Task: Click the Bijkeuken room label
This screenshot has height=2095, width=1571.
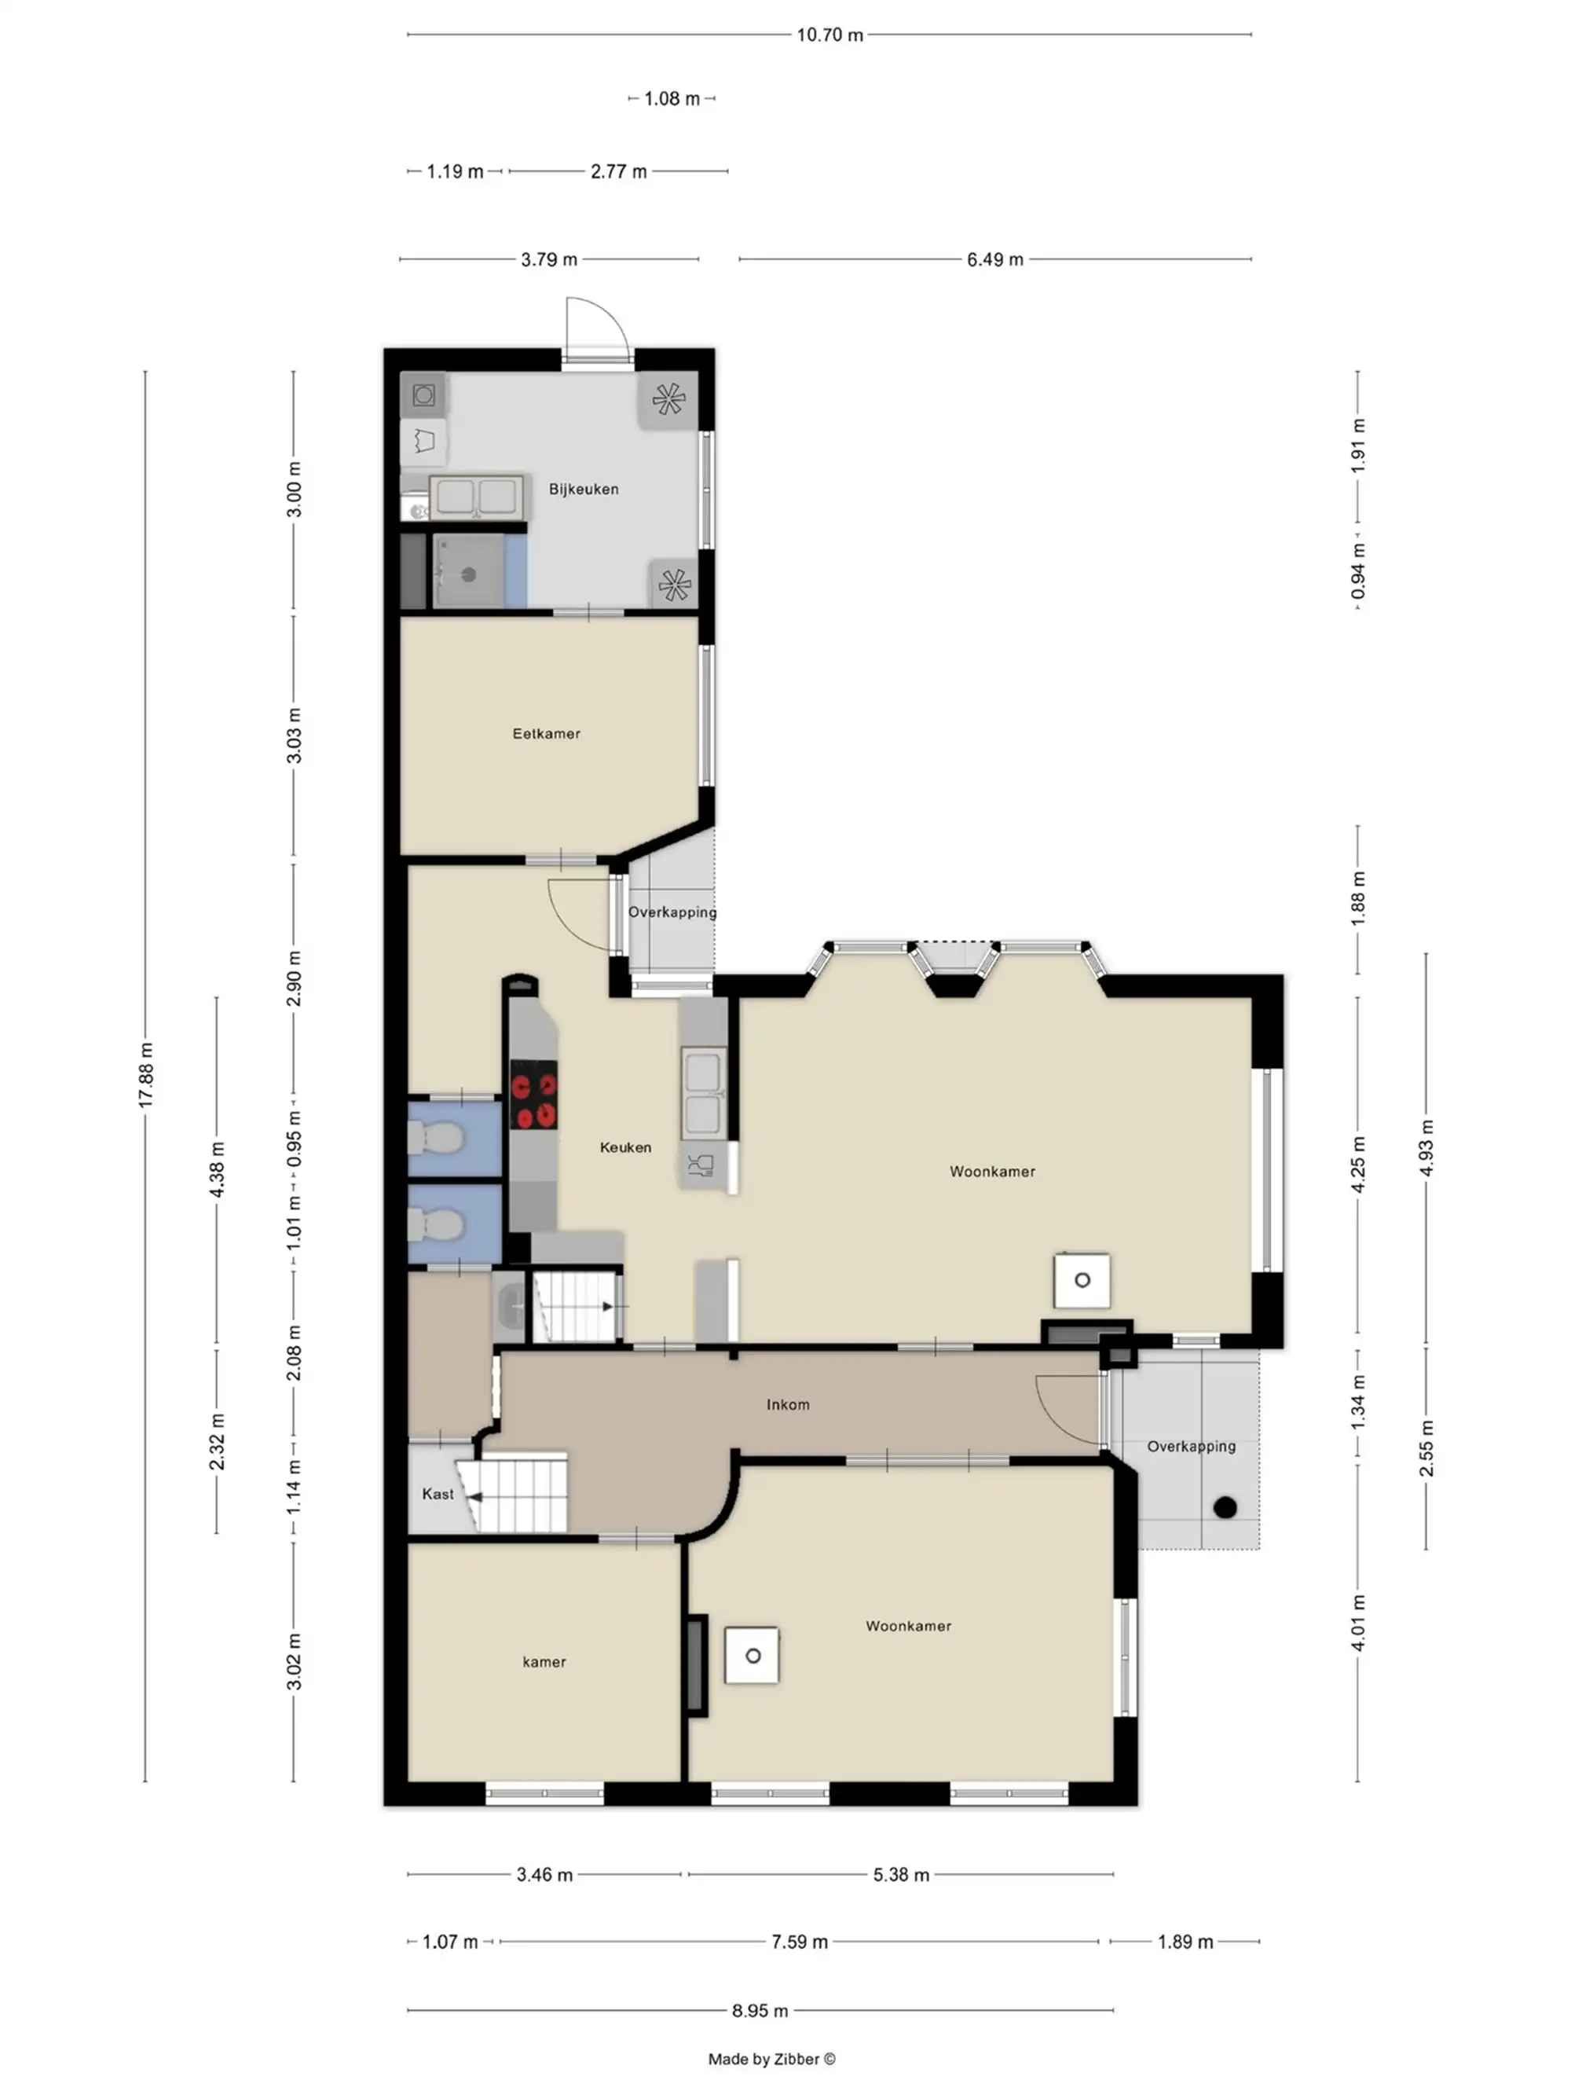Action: click(x=584, y=489)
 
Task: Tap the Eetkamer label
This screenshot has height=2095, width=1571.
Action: click(x=547, y=733)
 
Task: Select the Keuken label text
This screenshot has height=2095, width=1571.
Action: click(x=625, y=1147)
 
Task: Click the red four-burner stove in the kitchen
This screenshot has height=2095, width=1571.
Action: click(x=533, y=1095)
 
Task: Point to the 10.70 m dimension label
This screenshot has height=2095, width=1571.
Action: click(x=829, y=35)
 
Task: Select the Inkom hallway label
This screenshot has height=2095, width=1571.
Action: click(x=788, y=1404)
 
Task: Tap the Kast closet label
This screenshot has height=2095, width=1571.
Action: click(x=438, y=1494)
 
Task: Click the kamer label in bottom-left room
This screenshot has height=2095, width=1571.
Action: click(x=544, y=1661)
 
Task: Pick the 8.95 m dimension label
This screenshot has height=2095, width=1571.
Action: click(x=760, y=2010)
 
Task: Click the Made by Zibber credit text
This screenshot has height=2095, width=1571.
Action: click(x=772, y=2058)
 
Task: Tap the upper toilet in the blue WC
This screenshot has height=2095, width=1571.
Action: click(x=434, y=1136)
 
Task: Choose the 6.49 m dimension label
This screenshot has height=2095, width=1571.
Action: click(x=994, y=259)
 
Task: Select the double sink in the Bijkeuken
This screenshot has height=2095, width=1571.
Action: click(x=475, y=497)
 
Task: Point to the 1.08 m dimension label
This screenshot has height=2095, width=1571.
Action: click(x=672, y=98)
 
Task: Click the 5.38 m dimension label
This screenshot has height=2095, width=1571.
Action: click(x=900, y=1874)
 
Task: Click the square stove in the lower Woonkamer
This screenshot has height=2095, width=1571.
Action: click(x=752, y=1656)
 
